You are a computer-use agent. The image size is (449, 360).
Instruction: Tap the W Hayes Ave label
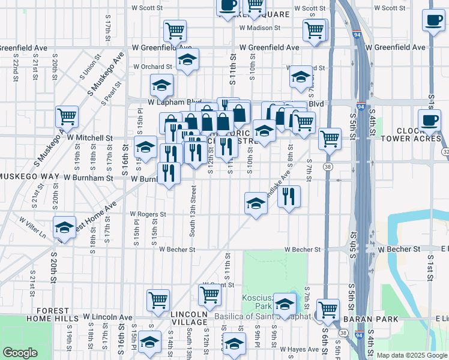click(300, 349)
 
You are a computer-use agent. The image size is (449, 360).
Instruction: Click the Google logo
click(20, 353)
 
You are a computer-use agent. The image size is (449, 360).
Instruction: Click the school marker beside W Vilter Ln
click(64, 228)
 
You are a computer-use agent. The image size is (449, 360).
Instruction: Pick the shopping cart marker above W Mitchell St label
click(67, 116)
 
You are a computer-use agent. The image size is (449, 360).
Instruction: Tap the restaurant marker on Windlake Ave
click(289, 196)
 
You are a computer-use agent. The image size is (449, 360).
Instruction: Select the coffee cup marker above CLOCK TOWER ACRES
click(430, 119)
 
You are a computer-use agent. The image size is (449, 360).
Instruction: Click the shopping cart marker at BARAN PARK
click(328, 310)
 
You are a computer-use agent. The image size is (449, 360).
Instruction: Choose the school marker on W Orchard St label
click(188, 60)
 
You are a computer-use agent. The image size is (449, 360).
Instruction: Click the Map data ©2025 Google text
click(412, 355)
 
